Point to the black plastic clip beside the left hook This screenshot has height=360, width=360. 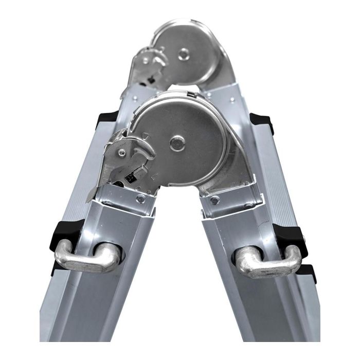65,235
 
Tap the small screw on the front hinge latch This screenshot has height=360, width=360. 121,152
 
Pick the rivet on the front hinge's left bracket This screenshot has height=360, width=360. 140,199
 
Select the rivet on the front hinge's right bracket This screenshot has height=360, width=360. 215,200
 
